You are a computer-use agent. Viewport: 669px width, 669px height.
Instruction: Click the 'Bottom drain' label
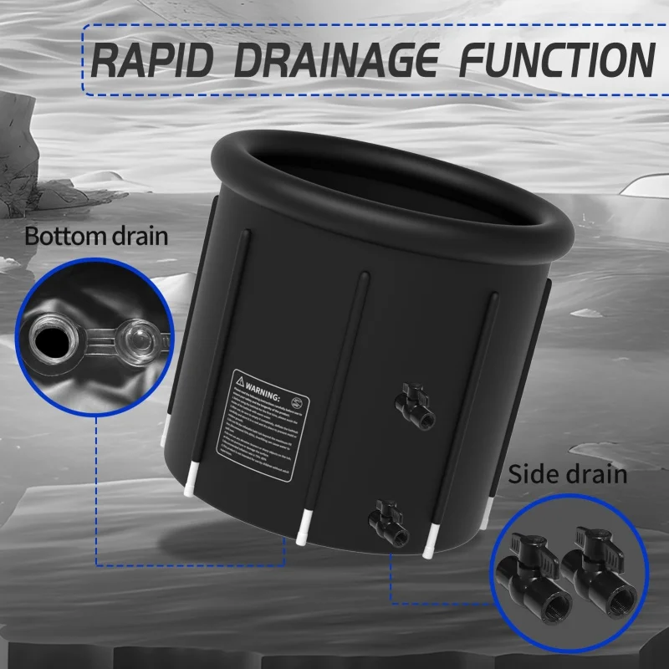tap(96, 235)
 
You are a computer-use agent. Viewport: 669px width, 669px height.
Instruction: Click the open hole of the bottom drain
tap(53, 337)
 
